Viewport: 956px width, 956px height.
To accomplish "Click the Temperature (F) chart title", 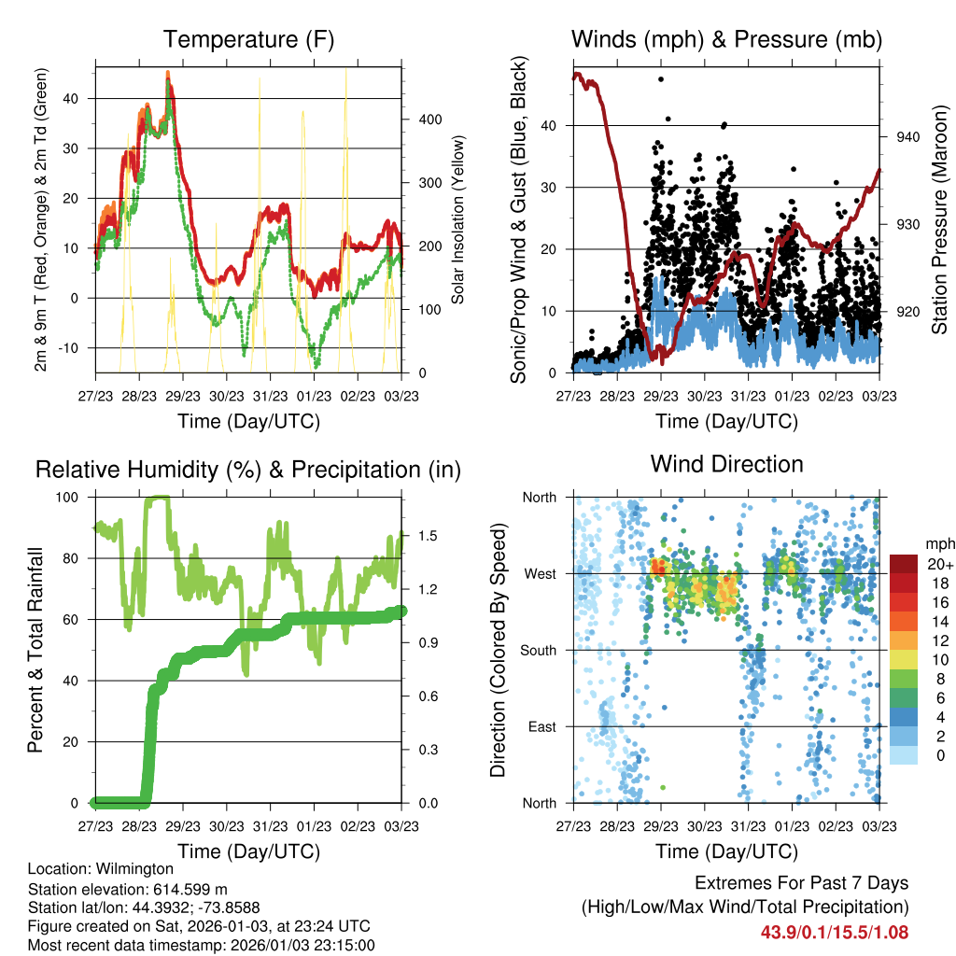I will [248, 39].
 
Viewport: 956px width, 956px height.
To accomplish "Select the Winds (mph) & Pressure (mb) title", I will [726, 39].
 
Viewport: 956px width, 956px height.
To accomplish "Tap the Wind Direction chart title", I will [726, 463].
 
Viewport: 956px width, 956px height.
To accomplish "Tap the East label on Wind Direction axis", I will [541, 727].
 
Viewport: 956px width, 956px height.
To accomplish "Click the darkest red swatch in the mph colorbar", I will [904, 564].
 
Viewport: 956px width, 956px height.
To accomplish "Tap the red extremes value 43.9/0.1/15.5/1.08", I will [835, 932].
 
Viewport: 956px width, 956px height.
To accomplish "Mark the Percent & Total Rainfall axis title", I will [35, 650].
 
